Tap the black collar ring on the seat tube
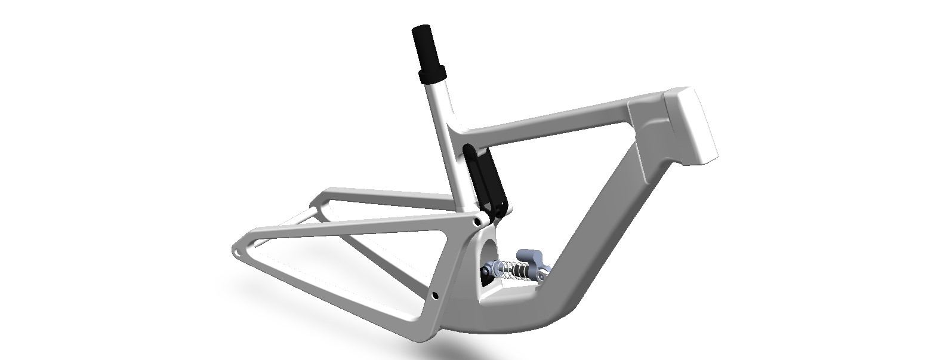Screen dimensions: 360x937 [433, 75]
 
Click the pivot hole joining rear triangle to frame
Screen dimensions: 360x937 [477, 221]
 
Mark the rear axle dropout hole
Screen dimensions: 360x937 [238, 253]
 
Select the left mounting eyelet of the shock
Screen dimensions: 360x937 [488, 272]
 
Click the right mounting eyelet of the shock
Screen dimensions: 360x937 [542, 276]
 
